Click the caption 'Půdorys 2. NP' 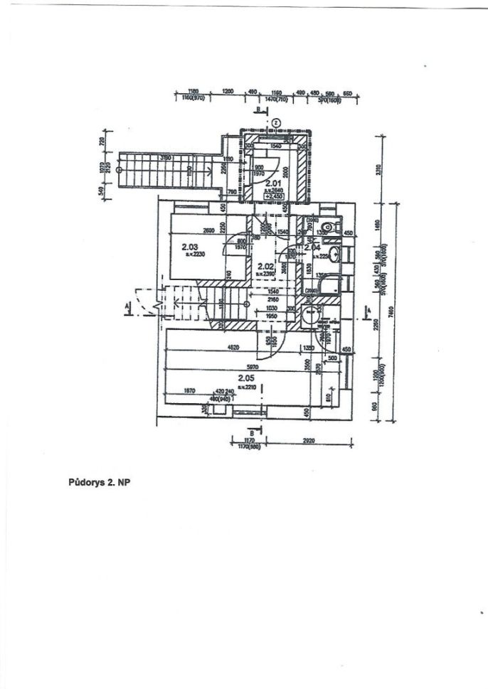97,481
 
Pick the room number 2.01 272,183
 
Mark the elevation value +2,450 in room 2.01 274,196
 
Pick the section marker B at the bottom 252,432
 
